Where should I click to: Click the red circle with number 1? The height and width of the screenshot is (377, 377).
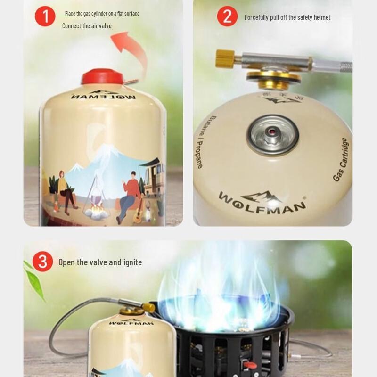(x=45, y=16)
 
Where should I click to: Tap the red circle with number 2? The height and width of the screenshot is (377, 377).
(x=227, y=16)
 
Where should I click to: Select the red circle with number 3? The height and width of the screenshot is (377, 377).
(x=42, y=262)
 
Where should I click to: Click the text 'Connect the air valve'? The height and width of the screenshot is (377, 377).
(x=87, y=26)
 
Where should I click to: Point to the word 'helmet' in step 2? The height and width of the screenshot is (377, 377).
(x=320, y=17)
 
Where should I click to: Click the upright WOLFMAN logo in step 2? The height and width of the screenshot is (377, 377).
(x=262, y=200)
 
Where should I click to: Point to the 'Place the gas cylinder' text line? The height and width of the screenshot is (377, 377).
(x=102, y=14)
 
